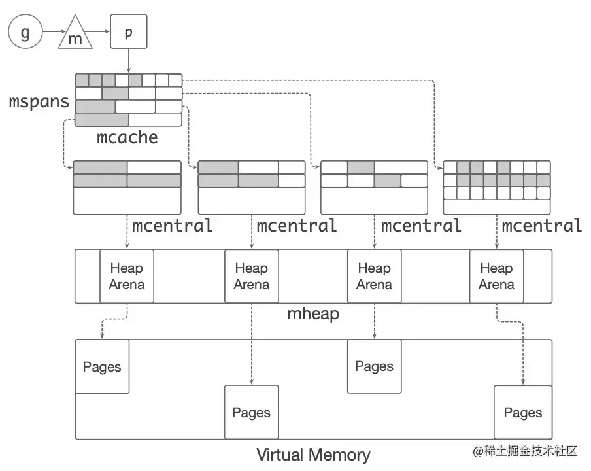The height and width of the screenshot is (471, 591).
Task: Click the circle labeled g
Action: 25,31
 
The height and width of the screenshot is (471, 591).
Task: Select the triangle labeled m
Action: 75,33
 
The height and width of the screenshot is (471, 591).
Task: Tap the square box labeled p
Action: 129,31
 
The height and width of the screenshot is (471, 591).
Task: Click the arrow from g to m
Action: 54,31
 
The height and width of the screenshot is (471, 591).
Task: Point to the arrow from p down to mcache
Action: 129,61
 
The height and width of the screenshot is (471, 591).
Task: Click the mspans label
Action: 39,102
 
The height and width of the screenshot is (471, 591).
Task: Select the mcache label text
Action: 127,137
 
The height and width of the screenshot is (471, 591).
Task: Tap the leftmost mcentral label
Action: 172,226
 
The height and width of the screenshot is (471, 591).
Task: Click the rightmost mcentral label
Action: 542,226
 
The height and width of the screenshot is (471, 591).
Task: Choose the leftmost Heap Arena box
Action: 127,276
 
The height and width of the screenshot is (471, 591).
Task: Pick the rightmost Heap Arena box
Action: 496,276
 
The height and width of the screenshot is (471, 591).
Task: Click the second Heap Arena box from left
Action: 252,276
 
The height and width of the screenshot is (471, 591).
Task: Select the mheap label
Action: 313,314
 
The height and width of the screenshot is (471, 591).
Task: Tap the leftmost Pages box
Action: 102,366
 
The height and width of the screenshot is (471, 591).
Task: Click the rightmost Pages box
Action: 523,412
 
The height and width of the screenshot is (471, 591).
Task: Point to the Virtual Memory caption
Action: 313,455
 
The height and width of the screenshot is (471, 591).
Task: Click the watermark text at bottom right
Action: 525,451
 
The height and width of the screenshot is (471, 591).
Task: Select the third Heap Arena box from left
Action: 374,276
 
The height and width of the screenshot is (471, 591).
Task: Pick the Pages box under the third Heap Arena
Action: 374,366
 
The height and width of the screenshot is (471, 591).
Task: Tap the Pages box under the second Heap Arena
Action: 252,412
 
